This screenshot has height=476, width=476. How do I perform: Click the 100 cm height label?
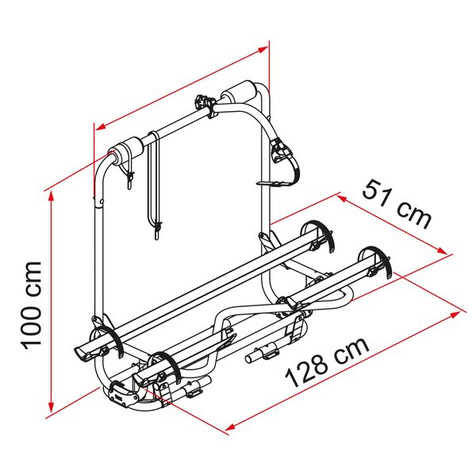tap(33, 304)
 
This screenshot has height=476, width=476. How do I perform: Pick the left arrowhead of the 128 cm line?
tap(232, 427)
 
